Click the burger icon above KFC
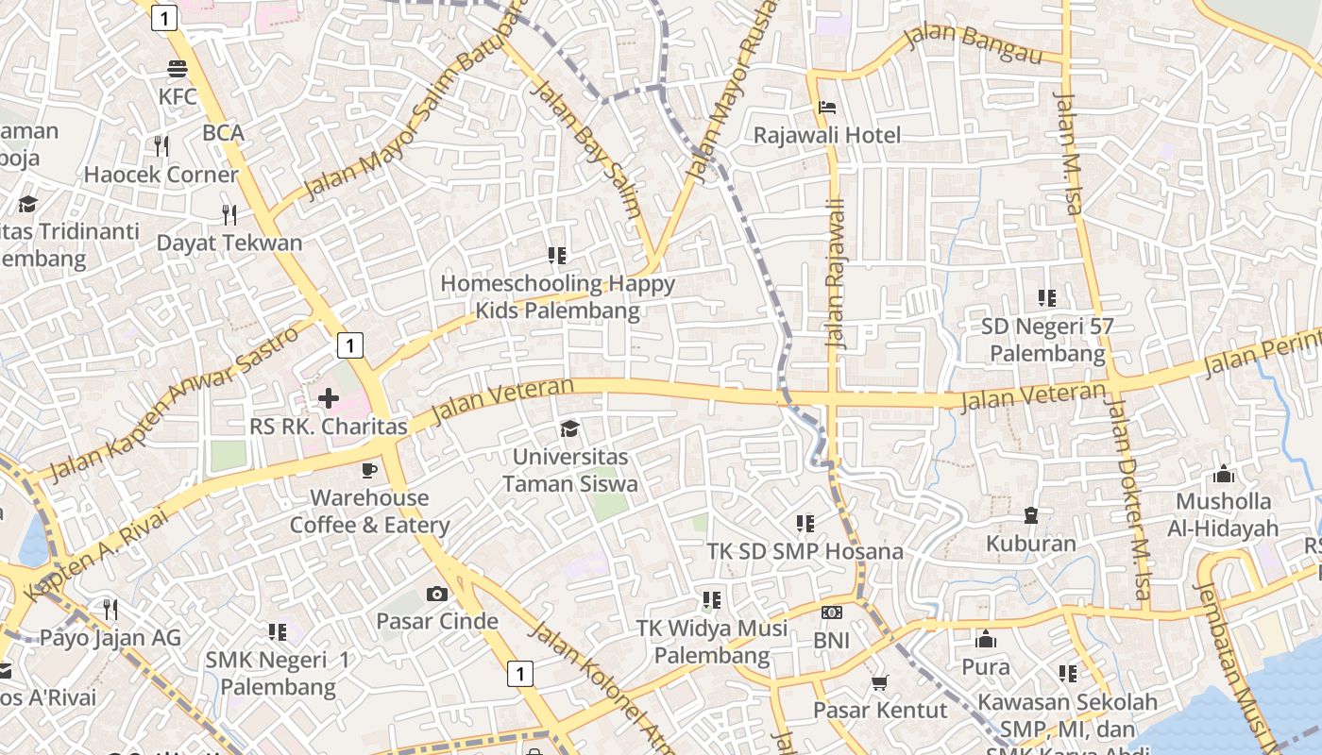[177, 69]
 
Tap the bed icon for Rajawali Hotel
[827, 108]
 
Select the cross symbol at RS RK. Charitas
[328, 398]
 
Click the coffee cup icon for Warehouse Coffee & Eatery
[369, 470]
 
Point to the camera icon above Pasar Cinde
[436, 594]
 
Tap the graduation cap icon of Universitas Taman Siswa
[569, 429]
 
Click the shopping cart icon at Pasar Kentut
[879, 682]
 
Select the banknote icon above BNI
[831, 612]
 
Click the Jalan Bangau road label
[973, 43]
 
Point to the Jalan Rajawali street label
[835, 274]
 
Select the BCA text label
[224, 133]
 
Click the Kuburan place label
[1030, 544]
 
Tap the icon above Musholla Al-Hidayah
[1223, 474]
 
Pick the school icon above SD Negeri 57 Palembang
[1047, 298]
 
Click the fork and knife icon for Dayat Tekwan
[229, 214]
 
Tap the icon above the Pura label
[985, 639]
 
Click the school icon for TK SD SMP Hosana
[805, 523]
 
